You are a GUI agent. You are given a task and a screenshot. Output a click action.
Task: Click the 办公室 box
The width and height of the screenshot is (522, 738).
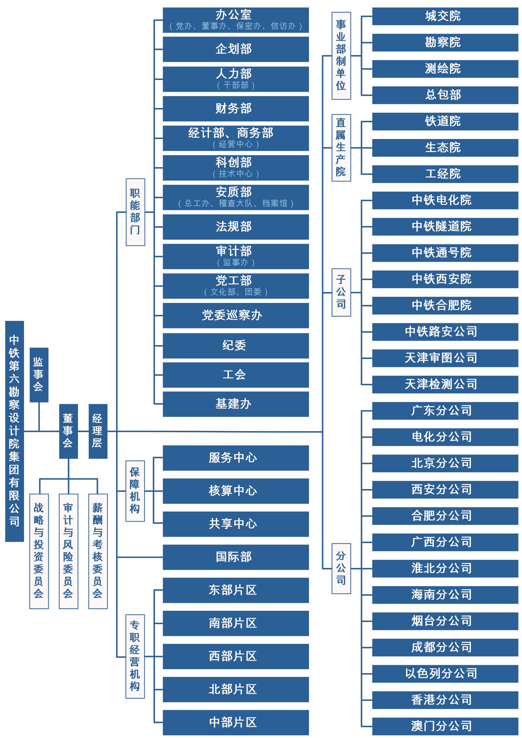tap(236, 20)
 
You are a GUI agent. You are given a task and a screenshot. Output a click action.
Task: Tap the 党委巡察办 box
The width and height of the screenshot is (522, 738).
tap(236, 316)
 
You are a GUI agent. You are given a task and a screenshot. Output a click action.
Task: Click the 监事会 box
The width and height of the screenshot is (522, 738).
tap(39, 375)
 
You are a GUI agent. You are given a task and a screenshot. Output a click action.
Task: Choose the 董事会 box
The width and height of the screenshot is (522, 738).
tap(68, 431)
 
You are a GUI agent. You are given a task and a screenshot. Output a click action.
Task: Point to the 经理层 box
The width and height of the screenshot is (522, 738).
tap(98, 431)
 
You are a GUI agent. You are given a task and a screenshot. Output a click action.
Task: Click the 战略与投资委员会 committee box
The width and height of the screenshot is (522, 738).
tap(39, 551)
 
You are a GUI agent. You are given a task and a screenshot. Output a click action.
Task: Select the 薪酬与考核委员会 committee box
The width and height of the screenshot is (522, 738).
tap(98, 551)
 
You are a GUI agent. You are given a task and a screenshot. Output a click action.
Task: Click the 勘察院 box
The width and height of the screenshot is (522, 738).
tap(445, 43)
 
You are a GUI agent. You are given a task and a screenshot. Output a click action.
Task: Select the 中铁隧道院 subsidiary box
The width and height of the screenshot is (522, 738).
tap(445, 227)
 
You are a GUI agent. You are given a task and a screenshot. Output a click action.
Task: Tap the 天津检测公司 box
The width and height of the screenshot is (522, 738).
tap(445, 385)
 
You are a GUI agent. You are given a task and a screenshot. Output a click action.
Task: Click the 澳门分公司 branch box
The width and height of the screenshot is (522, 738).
tap(445, 726)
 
